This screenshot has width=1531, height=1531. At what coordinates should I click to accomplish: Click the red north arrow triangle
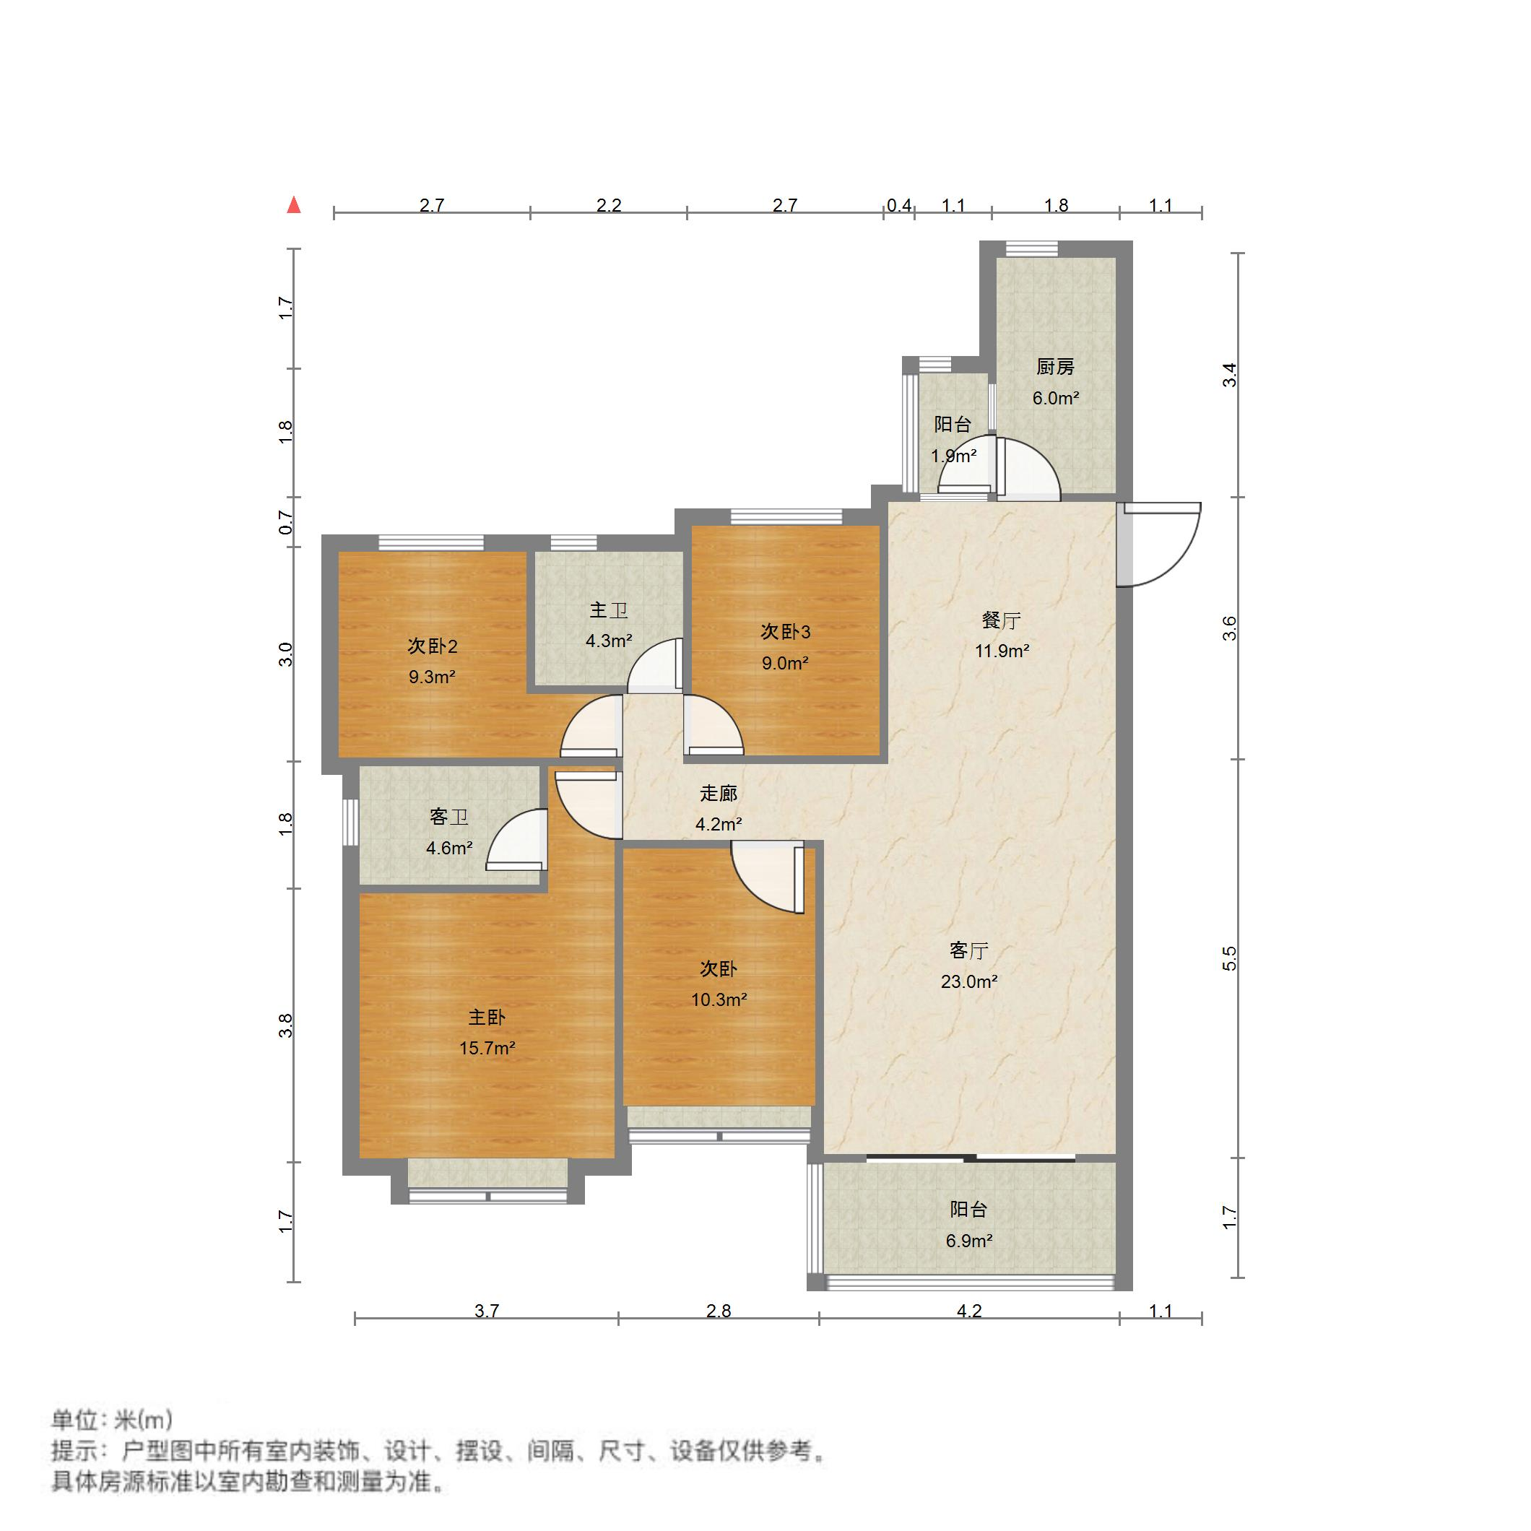(x=294, y=205)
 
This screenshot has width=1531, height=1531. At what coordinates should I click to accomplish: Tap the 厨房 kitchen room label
(x=1055, y=367)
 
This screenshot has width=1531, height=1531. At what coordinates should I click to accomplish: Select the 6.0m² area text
(x=1055, y=398)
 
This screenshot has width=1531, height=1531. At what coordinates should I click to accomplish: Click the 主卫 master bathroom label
(x=609, y=610)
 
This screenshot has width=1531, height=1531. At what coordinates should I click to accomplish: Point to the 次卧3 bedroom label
(x=785, y=632)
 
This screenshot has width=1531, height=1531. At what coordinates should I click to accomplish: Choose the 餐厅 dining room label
(x=1001, y=620)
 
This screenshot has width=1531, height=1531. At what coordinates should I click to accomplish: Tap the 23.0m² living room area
(x=968, y=981)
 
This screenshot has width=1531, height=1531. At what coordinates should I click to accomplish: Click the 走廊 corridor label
(x=719, y=793)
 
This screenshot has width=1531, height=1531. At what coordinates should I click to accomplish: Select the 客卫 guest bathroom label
(x=448, y=817)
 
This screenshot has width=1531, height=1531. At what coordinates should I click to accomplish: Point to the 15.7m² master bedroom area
(x=487, y=1048)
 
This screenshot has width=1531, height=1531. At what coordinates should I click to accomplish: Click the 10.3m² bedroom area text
(x=719, y=999)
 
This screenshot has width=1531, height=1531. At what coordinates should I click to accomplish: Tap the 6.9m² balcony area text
(x=968, y=1240)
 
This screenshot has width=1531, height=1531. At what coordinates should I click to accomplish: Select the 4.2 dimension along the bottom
(x=968, y=1311)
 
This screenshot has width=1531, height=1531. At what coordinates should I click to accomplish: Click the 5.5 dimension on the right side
(x=1229, y=959)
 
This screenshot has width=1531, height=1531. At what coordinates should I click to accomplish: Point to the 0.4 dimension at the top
(x=898, y=205)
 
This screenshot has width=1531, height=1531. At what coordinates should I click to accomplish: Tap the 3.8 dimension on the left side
(x=286, y=1025)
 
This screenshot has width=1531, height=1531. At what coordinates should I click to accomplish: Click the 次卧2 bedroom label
(x=432, y=646)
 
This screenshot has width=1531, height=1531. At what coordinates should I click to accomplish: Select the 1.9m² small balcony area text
(x=953, y=456)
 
